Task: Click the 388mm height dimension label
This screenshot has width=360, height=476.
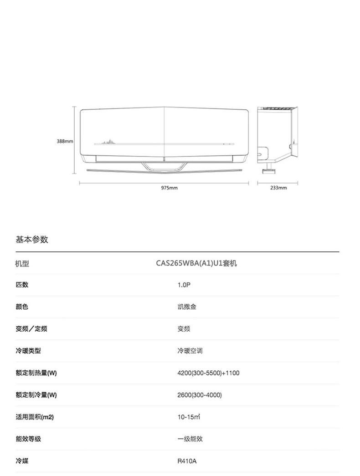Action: (x=65, y=142)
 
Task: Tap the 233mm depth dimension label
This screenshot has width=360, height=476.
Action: (x=278, y=188)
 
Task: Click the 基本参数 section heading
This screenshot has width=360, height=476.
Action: (x=32, y=240)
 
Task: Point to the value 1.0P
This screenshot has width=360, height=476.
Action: (x=184, y=285)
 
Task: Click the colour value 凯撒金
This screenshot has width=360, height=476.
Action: (x=187, y=307)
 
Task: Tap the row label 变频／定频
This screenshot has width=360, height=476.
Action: (x=31, y=329)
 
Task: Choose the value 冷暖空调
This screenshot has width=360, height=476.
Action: (x=190, y=351)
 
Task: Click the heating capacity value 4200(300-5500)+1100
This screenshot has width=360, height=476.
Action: (x=208, y=373)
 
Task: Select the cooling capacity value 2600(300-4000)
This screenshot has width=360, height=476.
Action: (x=200, y=395)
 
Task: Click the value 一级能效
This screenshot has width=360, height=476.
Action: (x=190, y=439)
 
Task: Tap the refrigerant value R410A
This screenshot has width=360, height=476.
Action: (x=187, y=461)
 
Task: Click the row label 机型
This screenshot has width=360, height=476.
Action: (x=22, y=263)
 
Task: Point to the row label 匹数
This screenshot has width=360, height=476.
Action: (x=22, y=285)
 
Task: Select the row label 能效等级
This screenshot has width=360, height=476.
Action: (x=28, y=439)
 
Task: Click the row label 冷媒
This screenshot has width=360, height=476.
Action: (x=22, y=461)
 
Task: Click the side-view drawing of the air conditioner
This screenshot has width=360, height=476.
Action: (x=277, y=137)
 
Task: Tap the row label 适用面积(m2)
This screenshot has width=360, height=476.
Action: (x=35, y=417)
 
